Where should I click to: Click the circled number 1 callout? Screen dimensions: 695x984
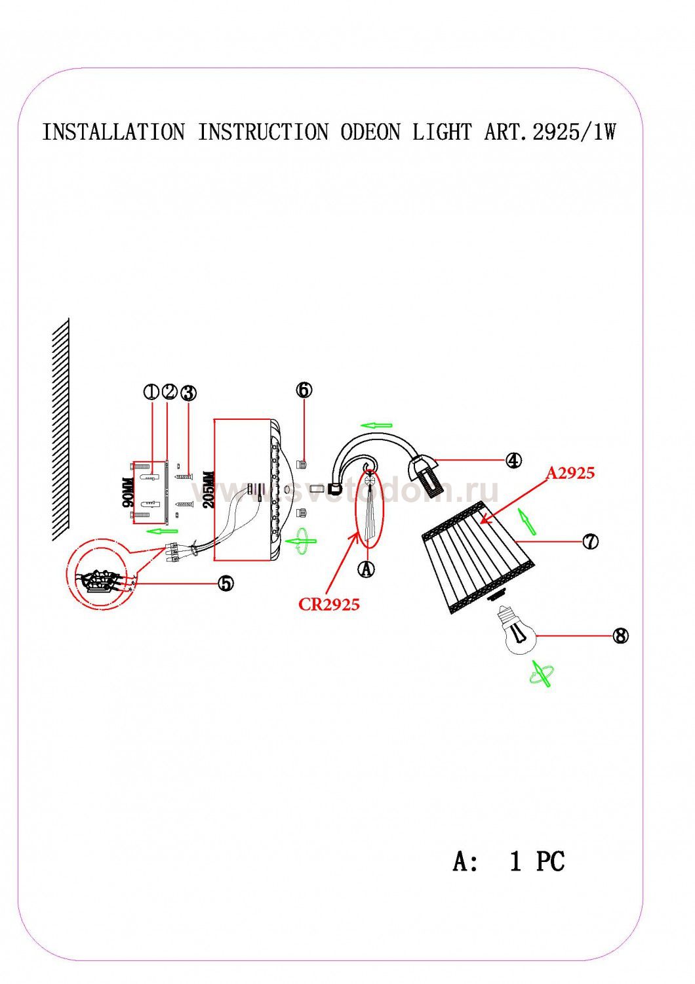pyautogui.click(x=152, y=392)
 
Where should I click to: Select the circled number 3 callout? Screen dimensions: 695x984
pyautogui.click(x=188, y=393)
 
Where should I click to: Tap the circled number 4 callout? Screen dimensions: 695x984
pyautogui.click(x=513, y=461)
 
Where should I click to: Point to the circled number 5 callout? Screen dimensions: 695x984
pyautogui.click(x=226, y=583)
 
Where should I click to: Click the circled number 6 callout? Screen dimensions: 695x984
pyautogui.click(x=304, y=390)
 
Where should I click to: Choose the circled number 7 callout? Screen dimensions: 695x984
pyautogui.click(x=590, y=542)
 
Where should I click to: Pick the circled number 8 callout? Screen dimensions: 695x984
pyautogui.click(x=620, y=636)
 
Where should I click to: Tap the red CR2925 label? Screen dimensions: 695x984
pyautogui.click(x=329, y=604)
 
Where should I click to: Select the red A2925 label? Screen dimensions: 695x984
pyautogui.click(x=570, y=473)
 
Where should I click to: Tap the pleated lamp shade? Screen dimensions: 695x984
pyautogui.click(x=479, y=558)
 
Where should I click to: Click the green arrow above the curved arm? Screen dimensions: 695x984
pyautogui.click(x=376, y=425)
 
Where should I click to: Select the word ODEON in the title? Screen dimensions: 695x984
pyautogui.click(x=370, y=133)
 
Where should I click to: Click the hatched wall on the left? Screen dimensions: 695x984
pyautogui.click(x=60, y=430)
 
